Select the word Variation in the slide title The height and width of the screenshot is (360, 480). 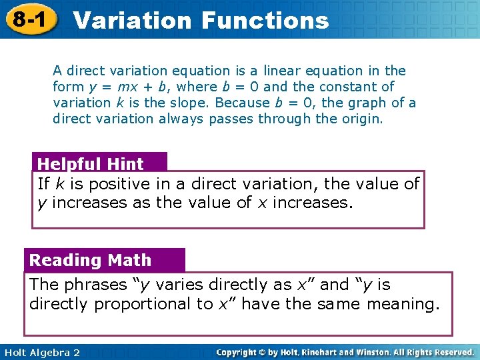click(132, 20)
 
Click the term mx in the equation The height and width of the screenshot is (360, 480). click(125, 87)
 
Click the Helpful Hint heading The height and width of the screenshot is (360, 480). click(91, 164)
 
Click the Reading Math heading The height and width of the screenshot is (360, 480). click(91, 260)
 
